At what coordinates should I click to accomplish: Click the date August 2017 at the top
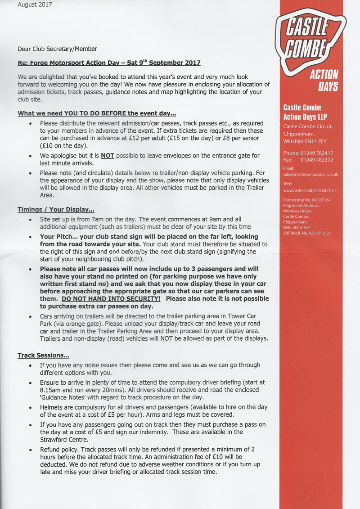point(35,5)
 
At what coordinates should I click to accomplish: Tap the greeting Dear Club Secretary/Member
point(57,49)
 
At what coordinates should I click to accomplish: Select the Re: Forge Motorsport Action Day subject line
point(109,63)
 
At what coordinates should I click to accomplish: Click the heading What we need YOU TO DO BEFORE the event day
point(97,113)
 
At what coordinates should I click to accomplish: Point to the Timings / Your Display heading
point(56,209)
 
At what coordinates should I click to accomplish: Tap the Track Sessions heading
point(43,356)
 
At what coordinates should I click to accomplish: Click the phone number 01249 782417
point(317,153)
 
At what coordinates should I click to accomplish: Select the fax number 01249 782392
point(317,160)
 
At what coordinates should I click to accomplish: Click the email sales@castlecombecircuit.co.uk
point(310,174)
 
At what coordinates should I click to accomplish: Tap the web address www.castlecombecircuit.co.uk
point(310,190)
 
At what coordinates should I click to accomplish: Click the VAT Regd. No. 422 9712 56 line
point(307,233)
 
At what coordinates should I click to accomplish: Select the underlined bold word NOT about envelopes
point(108,156)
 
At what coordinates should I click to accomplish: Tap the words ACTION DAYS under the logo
point(324,80)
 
